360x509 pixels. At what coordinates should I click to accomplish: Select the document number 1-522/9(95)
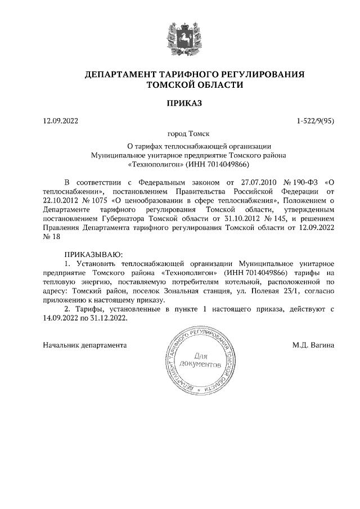click(x=316, y=121)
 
